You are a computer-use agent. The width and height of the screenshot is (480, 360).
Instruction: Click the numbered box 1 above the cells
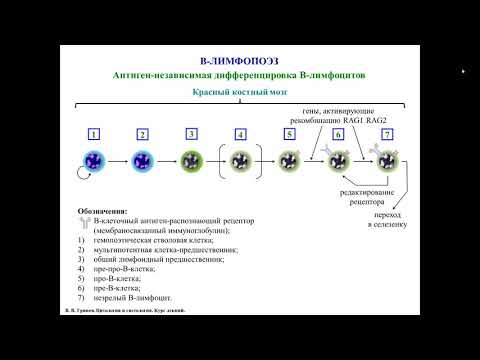click(94, 133)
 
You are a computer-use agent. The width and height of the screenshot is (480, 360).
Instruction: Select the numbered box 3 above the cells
click(191, 133)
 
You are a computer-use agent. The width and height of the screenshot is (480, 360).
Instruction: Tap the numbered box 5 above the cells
click(289, 133)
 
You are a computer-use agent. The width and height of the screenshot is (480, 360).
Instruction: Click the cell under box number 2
click(143, 160)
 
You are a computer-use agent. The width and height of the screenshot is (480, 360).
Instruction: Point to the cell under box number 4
click(240, 160)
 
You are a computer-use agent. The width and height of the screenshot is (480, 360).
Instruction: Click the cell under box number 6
click(338, 160)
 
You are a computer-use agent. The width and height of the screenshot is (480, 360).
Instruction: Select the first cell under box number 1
click(94, 160)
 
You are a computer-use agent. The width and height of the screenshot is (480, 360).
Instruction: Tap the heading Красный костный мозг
click(240, 91)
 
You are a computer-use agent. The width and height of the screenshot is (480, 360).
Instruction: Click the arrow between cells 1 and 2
click(118, 160)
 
